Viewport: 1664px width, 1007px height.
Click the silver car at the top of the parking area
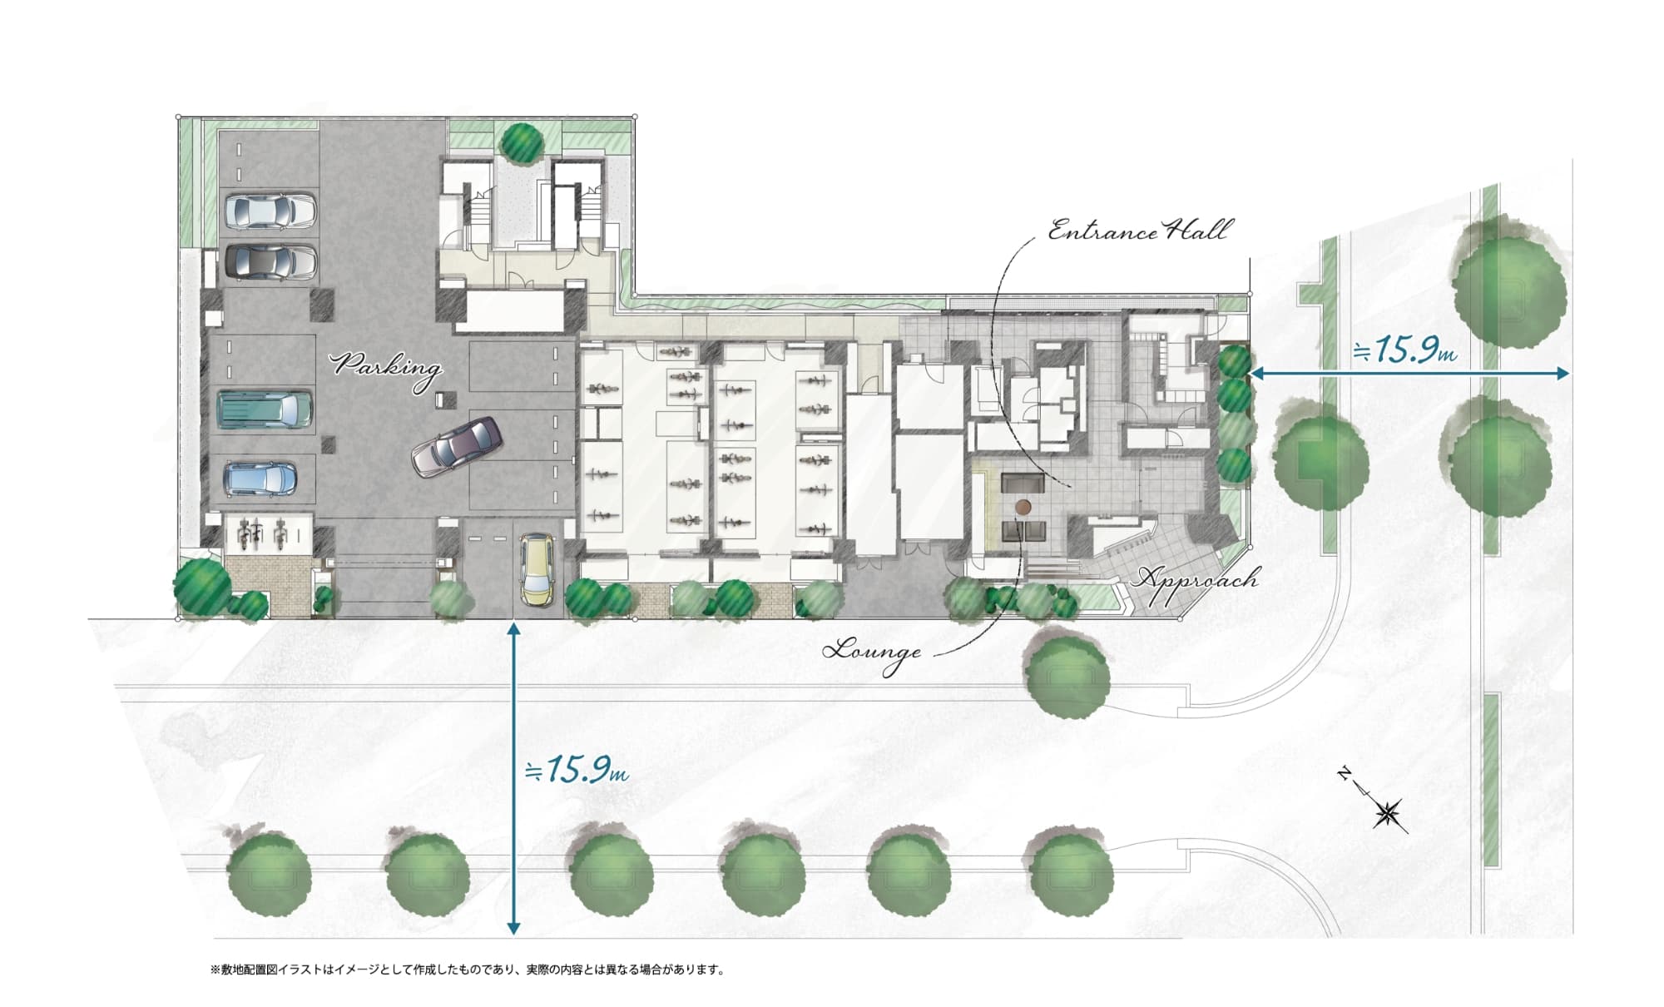point(270,211)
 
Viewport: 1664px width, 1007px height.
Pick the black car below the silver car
point(270,260)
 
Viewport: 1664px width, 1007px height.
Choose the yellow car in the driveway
point(537,570)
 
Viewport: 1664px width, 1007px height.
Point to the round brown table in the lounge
point(1023,507)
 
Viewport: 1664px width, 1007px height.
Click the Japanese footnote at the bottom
point(468,970)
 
